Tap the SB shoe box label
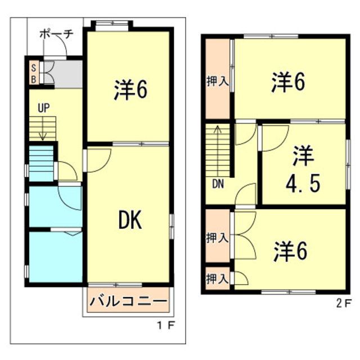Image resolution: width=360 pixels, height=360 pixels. click(x=34, y=73)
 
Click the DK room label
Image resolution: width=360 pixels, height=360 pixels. click(x=129, y=220)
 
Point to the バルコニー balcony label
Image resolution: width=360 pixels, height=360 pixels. click(x=129, y=302)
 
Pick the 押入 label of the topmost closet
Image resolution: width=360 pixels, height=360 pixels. click(x=217, y=81)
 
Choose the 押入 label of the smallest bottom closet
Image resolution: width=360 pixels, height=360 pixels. click(x=217, y=278)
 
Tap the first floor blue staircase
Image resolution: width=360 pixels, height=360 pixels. click(x=41, y=163)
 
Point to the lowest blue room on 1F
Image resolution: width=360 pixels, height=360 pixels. click(x=55, y=255)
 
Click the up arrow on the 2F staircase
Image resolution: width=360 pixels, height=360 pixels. click(x=217, y=135)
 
